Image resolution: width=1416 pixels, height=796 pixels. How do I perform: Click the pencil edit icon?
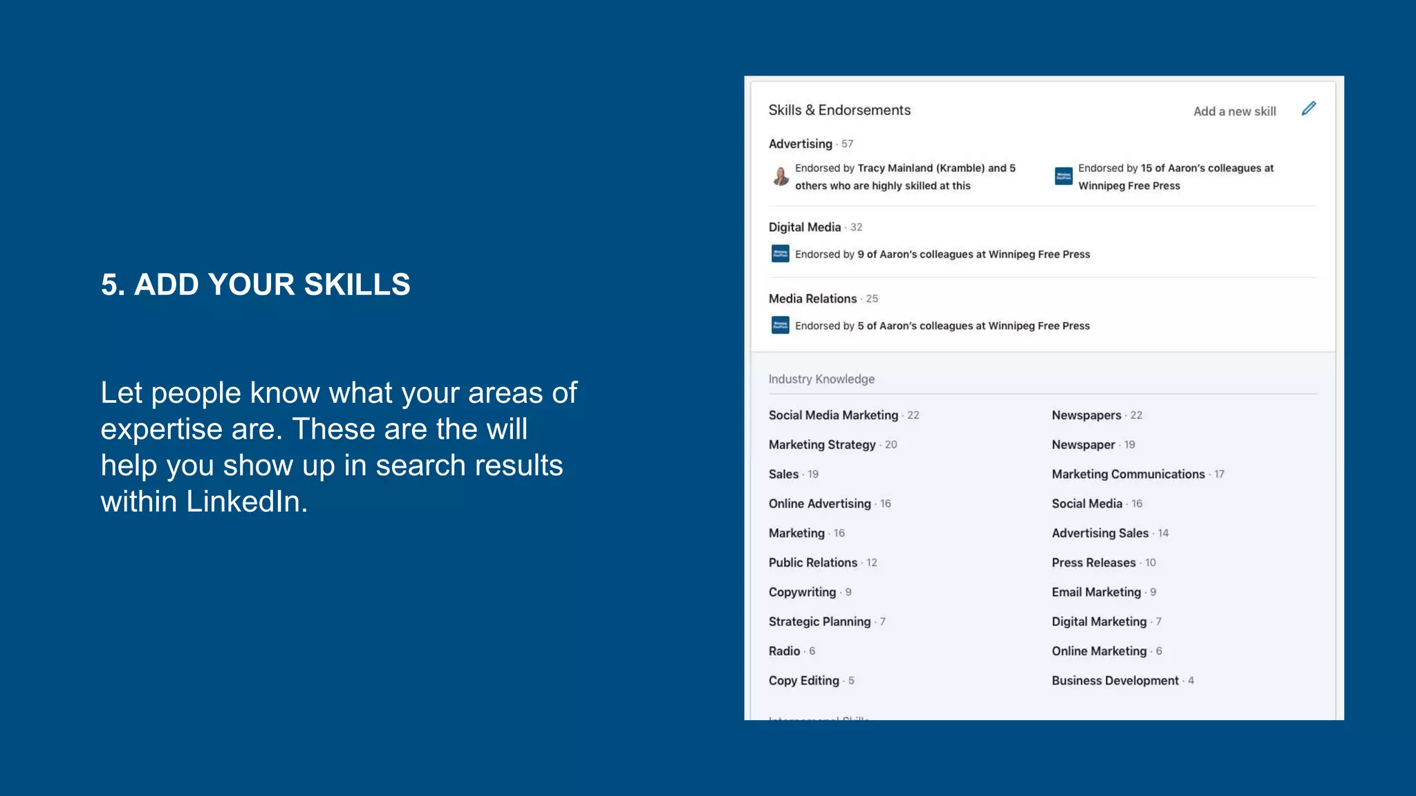1308,108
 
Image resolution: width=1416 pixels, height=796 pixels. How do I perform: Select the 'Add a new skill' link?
1234,111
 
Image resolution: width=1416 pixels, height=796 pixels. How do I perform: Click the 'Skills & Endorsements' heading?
839,110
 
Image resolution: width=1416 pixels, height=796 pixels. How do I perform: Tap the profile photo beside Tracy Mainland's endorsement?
781,176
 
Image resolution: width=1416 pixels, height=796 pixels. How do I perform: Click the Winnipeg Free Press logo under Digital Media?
780,254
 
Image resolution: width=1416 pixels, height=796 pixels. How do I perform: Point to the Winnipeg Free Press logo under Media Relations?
780,325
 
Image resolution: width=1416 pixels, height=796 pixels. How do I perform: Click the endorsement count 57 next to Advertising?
847,144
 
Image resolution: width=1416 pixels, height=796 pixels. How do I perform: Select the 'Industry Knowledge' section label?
821,379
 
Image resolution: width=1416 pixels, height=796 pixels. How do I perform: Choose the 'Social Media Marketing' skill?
833,415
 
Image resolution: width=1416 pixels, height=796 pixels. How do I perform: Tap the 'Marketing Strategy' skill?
822,445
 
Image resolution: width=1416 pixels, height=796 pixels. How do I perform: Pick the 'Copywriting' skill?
802,592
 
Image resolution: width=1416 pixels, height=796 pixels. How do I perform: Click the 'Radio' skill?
784,651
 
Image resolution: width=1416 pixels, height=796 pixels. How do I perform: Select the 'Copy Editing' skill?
803,681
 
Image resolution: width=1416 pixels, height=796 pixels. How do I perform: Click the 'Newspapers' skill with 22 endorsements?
1086,415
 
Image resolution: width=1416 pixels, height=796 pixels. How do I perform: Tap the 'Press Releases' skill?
1093,562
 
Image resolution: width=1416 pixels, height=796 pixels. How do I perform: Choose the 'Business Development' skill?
1115,681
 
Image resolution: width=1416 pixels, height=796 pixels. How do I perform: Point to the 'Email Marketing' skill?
1096,592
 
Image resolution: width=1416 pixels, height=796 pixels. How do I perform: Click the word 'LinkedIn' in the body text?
246,502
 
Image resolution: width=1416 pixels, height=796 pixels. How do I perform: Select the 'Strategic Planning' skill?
819,622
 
